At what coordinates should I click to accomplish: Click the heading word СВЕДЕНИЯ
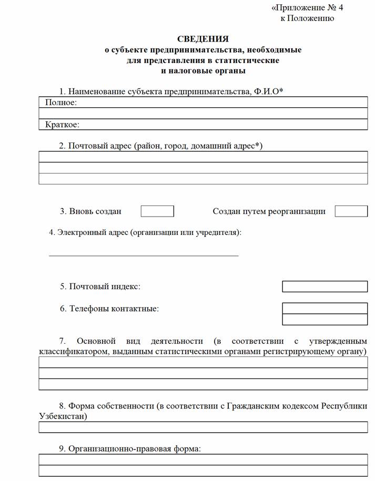pos(202,39)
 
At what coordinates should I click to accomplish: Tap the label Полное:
pos(60,103)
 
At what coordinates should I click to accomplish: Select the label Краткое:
pos(62,125)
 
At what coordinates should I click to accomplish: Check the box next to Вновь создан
pos(157,211)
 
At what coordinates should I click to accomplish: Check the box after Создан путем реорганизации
pos(351,211)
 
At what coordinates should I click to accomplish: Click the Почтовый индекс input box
pos(325,286)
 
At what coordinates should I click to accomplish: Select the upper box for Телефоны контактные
pos(325,308)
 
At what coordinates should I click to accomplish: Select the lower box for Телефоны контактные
pos(325,320)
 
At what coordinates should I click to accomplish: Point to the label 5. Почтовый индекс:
pos(100,286)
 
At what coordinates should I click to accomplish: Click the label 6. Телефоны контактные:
pos(109,309)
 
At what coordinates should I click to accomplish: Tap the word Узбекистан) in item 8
pos(63,416)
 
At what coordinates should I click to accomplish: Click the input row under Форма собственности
pos(203,427)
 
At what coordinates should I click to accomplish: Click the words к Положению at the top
pos(307,18)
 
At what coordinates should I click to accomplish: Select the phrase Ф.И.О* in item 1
pos(268,91)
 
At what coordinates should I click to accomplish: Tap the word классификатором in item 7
pos(74,351)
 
